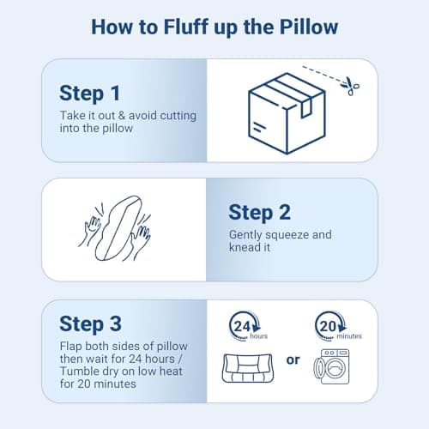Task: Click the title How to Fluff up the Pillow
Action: pyautogui.click(x=214, y=27)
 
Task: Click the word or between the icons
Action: pyautogui.click(x=293, y=360)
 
